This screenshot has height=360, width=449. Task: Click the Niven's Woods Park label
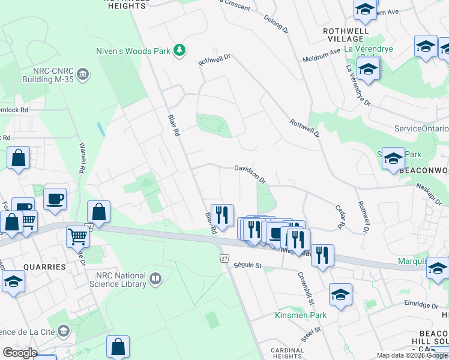pos(133,51)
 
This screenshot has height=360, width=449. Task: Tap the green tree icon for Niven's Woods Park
pos(179,50)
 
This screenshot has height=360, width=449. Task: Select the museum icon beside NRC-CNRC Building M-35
pos(83,74)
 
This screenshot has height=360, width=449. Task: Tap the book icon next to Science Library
pos(155,278)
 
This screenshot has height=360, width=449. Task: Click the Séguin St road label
pos(248,265)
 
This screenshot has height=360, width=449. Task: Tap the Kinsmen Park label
pos(300,315)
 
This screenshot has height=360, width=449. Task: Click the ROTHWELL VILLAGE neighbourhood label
pos(343,34)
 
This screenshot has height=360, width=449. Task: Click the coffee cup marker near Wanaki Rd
pos(55,199)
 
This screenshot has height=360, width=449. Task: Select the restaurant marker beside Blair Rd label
pos(222,214)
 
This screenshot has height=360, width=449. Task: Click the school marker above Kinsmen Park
pos(340,294)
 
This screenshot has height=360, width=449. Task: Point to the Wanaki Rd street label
pos(80,158)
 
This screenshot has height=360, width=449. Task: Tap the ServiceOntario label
pos(421,128)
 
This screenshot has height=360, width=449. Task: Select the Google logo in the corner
pos(20,353)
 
